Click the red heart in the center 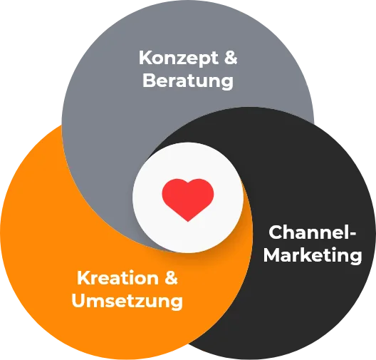point(188,200)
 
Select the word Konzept point(179,58)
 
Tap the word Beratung point(188,81)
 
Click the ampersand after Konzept point(231,58)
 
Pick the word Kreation point(118,278)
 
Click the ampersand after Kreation point(171,278)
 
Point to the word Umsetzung point(127,301)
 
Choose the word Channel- point(313,232)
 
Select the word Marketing point(313,255)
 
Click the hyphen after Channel point(352,234)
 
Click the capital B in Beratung point(149,80)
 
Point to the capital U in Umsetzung point(78,300)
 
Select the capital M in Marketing point(272,254)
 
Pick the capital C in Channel point(276,232)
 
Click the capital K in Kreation point(84,278)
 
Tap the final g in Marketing point(355,258)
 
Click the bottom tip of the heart point(188,221)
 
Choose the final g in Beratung point(227,83)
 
